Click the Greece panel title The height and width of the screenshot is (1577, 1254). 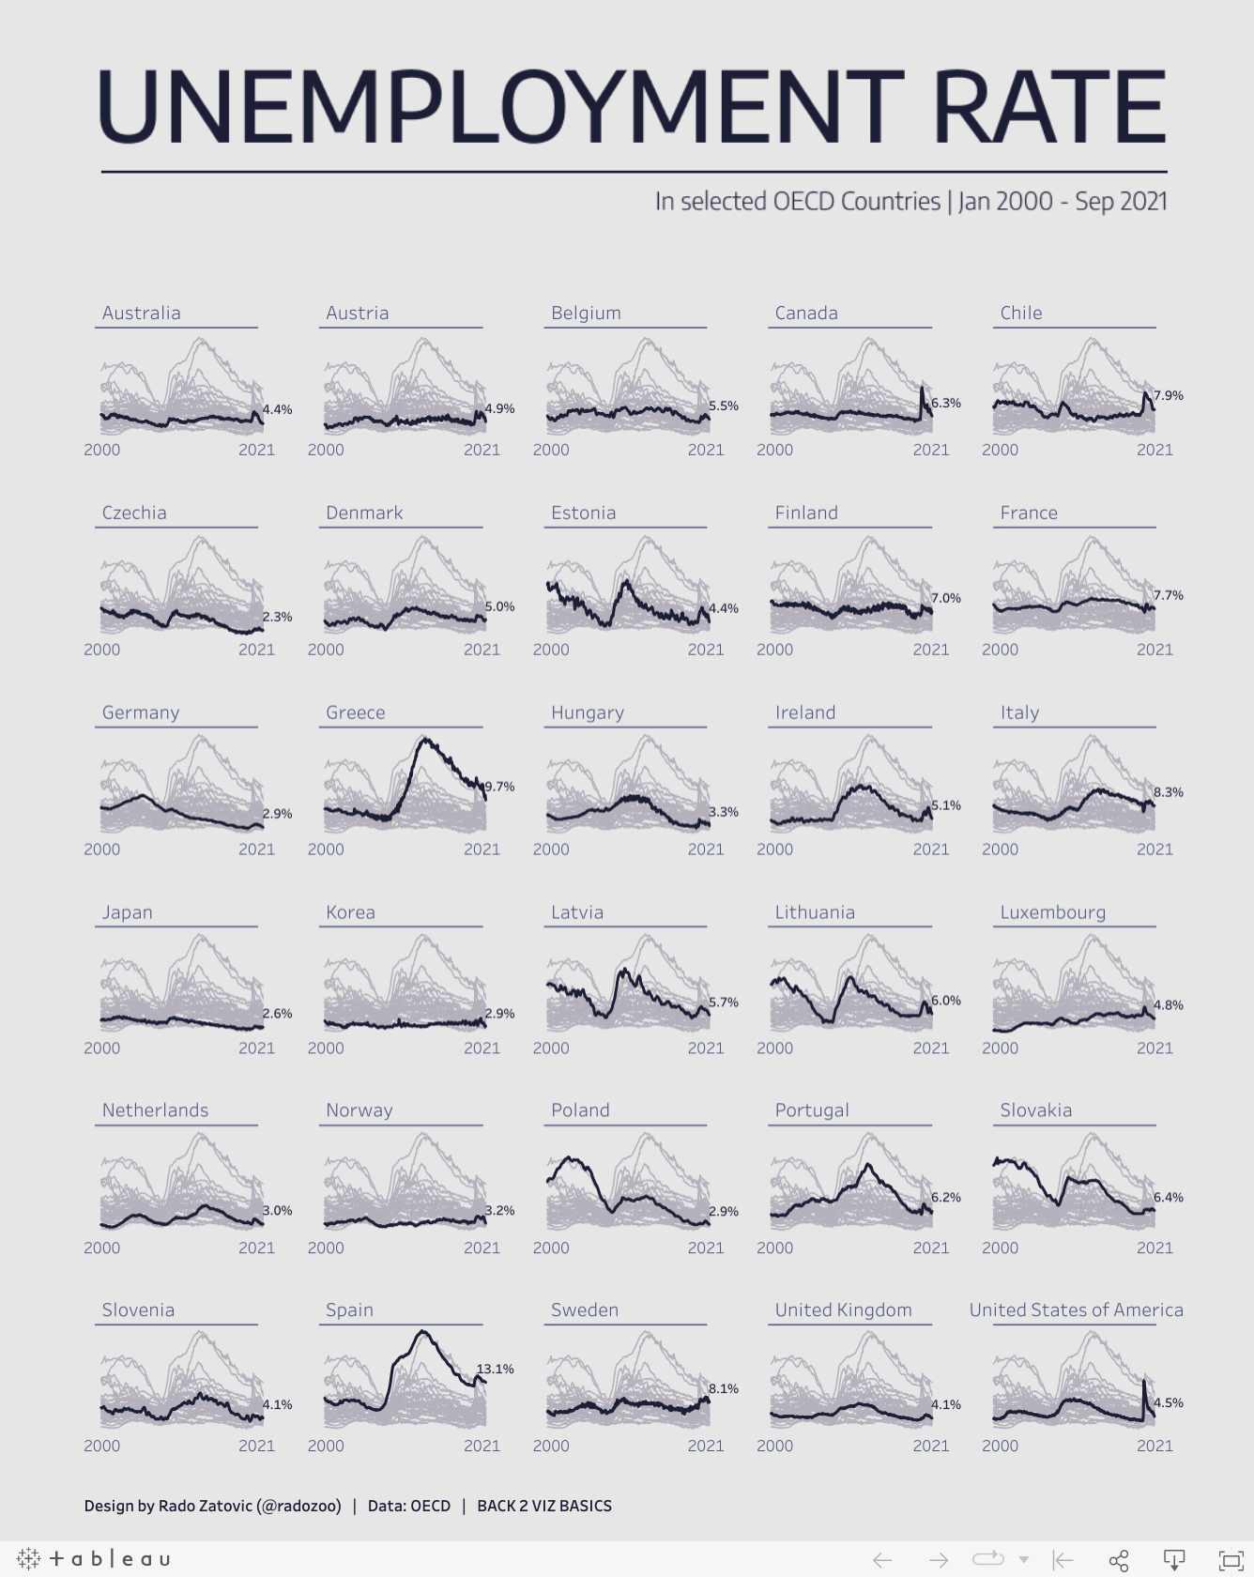(x=355, y=712)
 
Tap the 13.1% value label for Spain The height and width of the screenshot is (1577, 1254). (x=496, y=1369)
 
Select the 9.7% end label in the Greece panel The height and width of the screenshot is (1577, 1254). (x=499, y=787)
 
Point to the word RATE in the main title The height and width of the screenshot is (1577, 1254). (x=1049, y=107)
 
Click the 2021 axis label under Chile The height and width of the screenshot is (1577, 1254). (x=1155, y=450)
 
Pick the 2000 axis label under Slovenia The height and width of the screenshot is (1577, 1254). (x=101, y=1446)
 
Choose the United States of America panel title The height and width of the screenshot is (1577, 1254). (x=1076, y=1309)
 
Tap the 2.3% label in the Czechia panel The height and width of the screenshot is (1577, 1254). (x=277, y=617)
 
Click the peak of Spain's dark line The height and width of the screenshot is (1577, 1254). (x=423, y=1331)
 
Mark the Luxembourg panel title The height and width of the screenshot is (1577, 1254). (x=1052, y=912)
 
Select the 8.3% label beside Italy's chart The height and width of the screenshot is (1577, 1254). (x=1168, y=792)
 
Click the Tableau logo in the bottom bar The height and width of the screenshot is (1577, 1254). (x=93, y=1559)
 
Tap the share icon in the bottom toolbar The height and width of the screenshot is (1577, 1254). (x=1118, y=1560)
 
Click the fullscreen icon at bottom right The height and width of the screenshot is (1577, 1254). (x=1230, y=1560)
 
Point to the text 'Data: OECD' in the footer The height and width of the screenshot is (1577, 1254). (x=409, y=1506)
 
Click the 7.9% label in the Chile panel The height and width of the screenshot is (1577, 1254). (x=1168, y=395)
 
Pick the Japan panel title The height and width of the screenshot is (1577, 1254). (x=127, y=912)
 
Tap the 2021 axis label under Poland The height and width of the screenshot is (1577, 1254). (x=706, y=1248)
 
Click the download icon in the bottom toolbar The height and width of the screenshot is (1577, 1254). (x=1173, y=1560)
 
